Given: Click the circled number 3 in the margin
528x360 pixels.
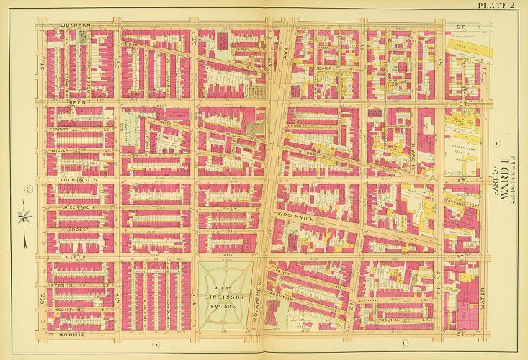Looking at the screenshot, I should [29, 190].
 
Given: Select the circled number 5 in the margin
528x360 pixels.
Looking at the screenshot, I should [155, 344].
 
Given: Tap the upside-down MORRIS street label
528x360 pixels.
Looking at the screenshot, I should [72, 336].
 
